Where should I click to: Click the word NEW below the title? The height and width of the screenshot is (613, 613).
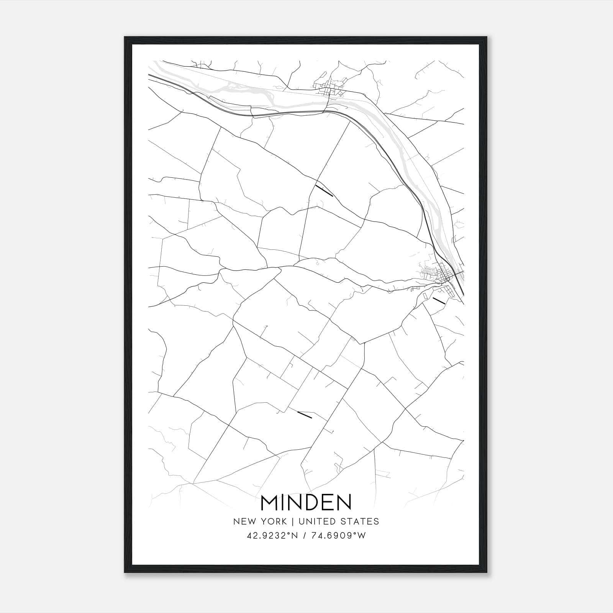(x=244, y=521)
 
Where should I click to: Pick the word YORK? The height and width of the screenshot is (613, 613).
(x=272, y=521)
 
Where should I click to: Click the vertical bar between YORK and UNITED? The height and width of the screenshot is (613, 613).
(x=292, y=521)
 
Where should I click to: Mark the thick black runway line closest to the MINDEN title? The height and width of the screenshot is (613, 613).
(x=305, y=415)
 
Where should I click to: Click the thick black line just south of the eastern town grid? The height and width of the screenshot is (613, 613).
(x=439, y=301)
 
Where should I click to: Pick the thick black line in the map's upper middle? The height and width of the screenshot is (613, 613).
(x=324, y=191)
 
